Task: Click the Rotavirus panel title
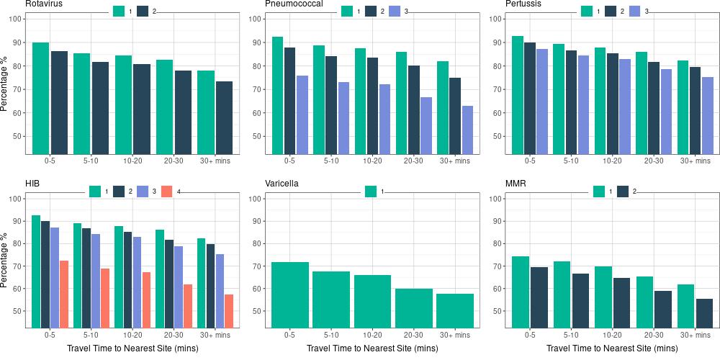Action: [43, 4]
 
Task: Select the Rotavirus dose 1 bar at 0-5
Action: [41, 98]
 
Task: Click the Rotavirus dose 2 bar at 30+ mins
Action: [224, 117]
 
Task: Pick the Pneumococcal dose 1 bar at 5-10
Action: [319, 99]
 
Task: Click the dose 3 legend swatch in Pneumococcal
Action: [394, 11]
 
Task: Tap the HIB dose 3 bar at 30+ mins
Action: [220, 291]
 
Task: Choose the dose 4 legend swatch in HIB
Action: [167, 191]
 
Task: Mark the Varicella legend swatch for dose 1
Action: [372, 191]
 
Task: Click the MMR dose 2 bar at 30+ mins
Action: [704, 313]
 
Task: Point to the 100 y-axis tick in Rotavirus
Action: [16, 19]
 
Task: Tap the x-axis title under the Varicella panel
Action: [372, 348]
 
